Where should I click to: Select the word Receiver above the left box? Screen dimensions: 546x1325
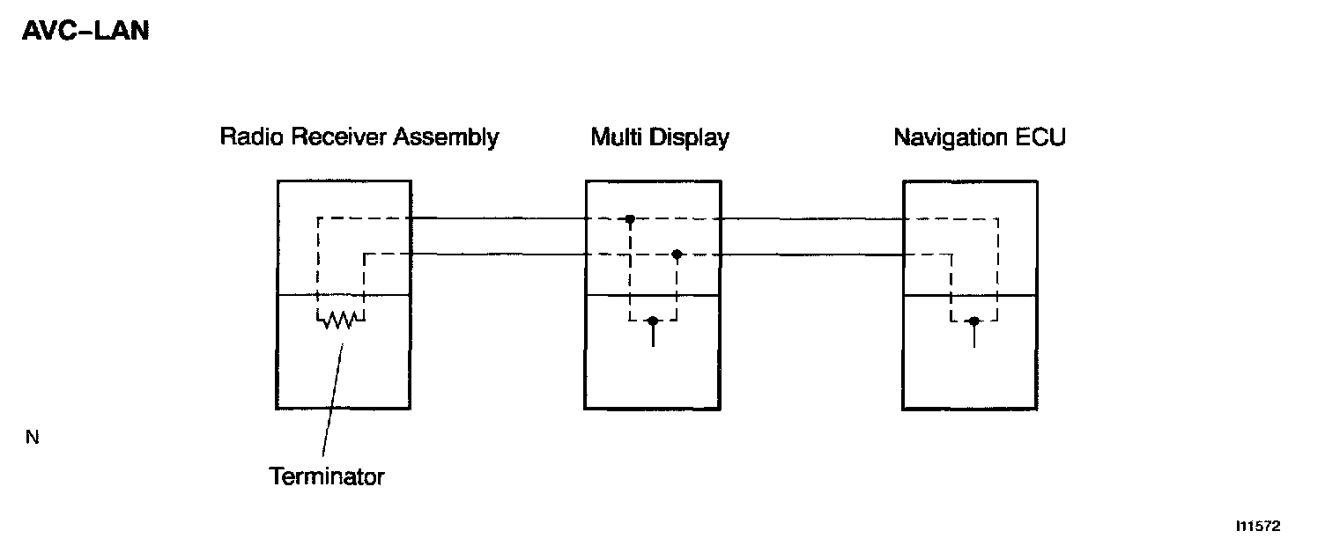329,137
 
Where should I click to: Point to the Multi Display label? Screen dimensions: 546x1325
659,138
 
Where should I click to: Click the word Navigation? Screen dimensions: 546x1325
948,138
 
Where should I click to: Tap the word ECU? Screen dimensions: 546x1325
1042,138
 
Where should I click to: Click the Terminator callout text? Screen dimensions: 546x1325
327,477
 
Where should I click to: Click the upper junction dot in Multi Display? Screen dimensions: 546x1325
630,218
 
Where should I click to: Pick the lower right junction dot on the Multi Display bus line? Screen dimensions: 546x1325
677,255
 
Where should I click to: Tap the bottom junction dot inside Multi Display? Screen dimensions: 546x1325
652,321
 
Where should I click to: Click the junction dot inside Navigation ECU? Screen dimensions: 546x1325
973,321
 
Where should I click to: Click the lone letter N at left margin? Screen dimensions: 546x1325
33,438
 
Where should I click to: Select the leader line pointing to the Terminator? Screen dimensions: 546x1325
331,401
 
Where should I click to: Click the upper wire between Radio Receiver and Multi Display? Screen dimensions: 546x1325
498,218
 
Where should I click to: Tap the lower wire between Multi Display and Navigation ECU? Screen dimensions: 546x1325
811,255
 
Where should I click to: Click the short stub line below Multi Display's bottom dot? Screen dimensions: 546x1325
652,336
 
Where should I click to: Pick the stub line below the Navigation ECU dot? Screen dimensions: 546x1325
973,336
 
